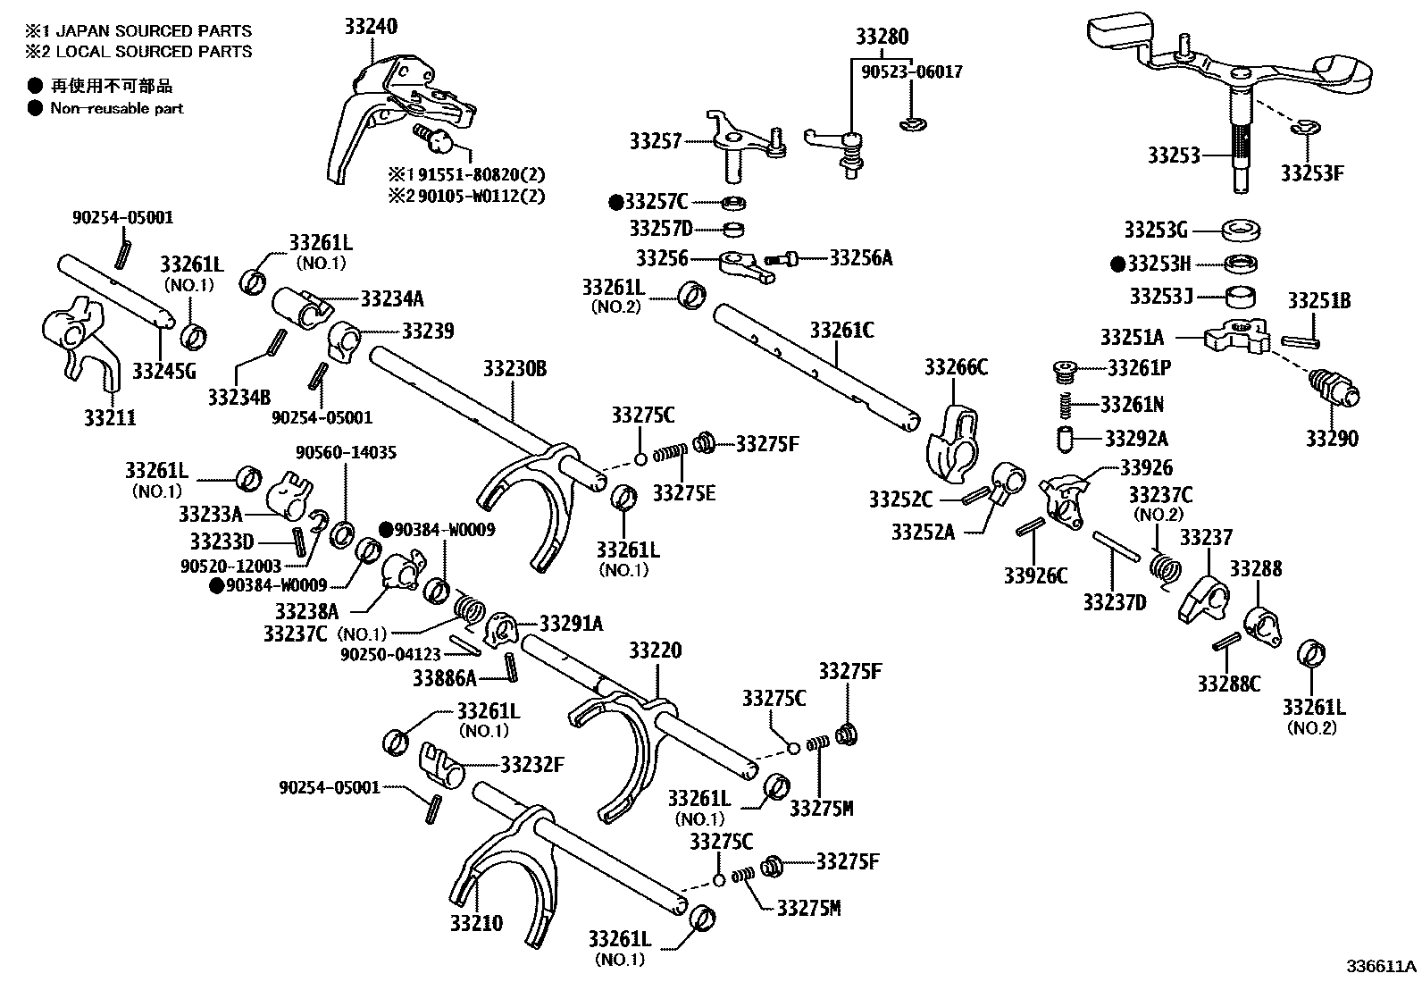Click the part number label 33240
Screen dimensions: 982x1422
click(x=371, y=27)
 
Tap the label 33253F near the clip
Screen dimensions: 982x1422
click(x=1311, y=172)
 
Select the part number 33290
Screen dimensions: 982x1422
click(x=1332, y=439)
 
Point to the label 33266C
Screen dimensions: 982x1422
click(x=956, y=366)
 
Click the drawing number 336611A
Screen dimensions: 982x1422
click(x=1382, y=966)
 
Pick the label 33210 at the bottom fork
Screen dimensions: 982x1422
click(x=476, y=923)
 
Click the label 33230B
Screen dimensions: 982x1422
click(x=514, y=368)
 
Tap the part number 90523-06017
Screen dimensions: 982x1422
click(x=912, y=71)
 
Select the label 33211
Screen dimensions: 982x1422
click(x=110, y=417)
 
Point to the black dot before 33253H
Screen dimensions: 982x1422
click(x=1117, y=264)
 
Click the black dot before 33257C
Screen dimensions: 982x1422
click(x=615, y=202)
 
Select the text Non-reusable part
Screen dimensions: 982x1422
click(x=116, y=108)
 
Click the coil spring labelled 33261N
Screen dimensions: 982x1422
click(x=1064, y=405)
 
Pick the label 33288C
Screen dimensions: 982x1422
click(x=1229, y=684)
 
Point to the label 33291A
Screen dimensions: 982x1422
click(x=571, y=623)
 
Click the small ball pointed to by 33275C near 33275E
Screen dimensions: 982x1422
click(x=640, y=459)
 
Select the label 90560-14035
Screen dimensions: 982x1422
click(x=346, y=452)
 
